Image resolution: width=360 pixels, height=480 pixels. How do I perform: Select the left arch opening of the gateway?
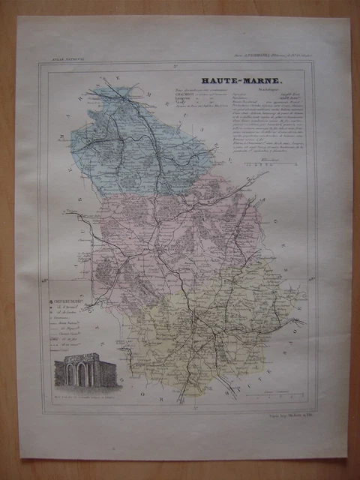(71, 374)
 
